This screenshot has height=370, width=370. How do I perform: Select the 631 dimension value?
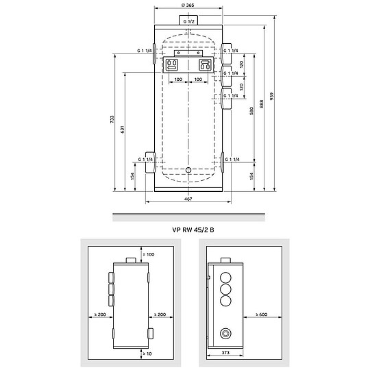[x=125, y=130]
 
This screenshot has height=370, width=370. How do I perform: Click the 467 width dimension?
[x=188, y=199]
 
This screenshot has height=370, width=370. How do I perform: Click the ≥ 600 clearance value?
[x=261, y=314]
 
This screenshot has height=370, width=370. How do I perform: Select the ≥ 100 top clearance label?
[x=148, y=255]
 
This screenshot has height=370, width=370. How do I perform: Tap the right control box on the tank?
[x=205, y=65]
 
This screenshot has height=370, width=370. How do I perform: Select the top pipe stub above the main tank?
[x=188, y=21]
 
